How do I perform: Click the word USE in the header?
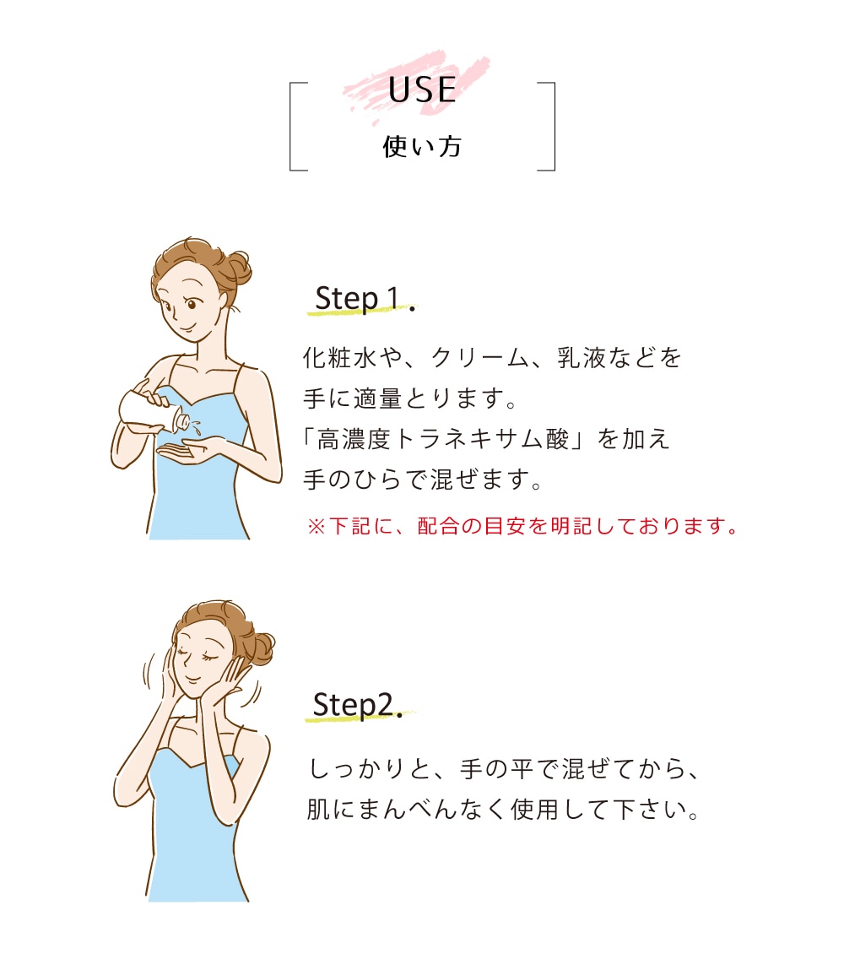pyautogui.click(x=422, y=90)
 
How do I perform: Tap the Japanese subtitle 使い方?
pyautogui.click(x=422, y=147)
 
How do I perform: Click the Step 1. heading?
pyautogui.click(x=365, y=299)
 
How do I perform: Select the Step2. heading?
pyautogui.click(x=358, y=705)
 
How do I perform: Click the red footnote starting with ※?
pyautogui.click(x=523, y=526)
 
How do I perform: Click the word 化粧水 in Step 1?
pyautogui.click(x=340, y=358)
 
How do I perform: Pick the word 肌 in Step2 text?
pyautogui.click(x=319, y=809)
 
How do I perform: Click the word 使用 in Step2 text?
pyautogui.click(x=534, y=809)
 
